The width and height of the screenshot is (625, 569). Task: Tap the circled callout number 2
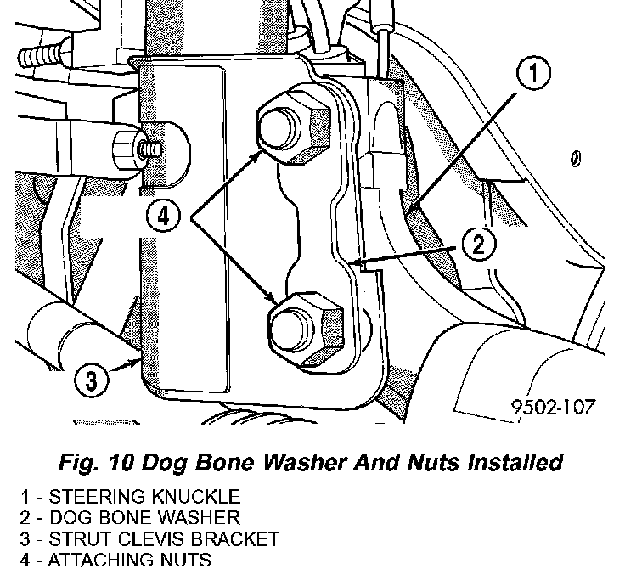(479, 246)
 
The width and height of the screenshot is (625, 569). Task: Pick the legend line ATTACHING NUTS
(119, 560)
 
